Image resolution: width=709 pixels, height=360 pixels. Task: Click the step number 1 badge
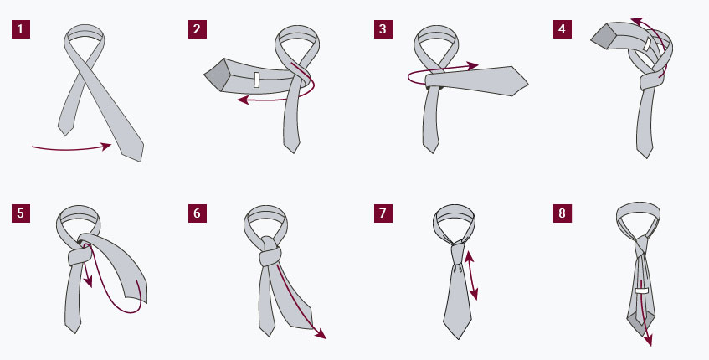[21, 29]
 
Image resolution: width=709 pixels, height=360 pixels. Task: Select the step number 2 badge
[198, 29]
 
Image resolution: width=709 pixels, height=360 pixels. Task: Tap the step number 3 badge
[383, 29]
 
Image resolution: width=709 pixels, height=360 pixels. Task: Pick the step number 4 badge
[562, 29]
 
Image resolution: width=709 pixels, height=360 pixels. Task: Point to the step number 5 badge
[21, 213]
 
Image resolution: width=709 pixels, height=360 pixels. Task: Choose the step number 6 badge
[198, 213]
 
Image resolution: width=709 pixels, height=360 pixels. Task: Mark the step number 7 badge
[383, 213]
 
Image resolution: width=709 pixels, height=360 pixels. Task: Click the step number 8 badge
[562, 213]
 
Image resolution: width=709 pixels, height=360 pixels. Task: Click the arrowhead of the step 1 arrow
[106, 146]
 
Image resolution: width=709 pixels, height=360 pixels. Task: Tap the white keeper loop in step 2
[256, 80]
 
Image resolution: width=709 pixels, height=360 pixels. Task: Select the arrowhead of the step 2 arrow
[244, 100]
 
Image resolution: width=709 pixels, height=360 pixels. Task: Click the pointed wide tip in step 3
[528, 84]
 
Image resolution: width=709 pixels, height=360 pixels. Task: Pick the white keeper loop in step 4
[648, 44]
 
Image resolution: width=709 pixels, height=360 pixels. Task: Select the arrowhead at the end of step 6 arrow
[321, 334]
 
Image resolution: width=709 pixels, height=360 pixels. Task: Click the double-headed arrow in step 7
[470, 275]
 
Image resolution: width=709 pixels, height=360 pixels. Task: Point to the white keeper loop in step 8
[642, 291]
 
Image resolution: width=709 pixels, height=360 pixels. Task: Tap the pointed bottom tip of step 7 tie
[458, 339]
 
